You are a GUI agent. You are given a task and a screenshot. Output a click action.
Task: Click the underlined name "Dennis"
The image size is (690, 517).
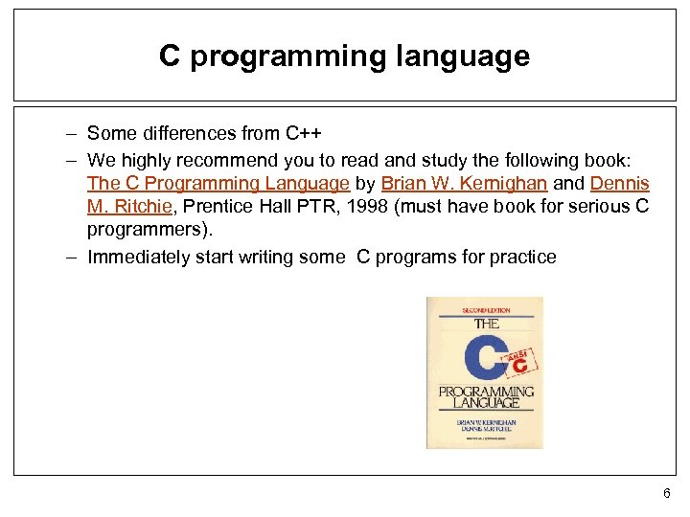pos(620,183)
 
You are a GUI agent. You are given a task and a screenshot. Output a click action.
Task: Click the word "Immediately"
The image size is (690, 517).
pos(140,257)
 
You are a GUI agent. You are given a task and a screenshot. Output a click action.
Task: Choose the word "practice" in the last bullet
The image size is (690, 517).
pos(520,257)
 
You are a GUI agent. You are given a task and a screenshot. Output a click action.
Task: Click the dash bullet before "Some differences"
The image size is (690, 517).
pos(73,133)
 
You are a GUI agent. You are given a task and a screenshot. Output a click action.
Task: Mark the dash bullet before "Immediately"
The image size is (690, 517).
pos(73,257)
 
